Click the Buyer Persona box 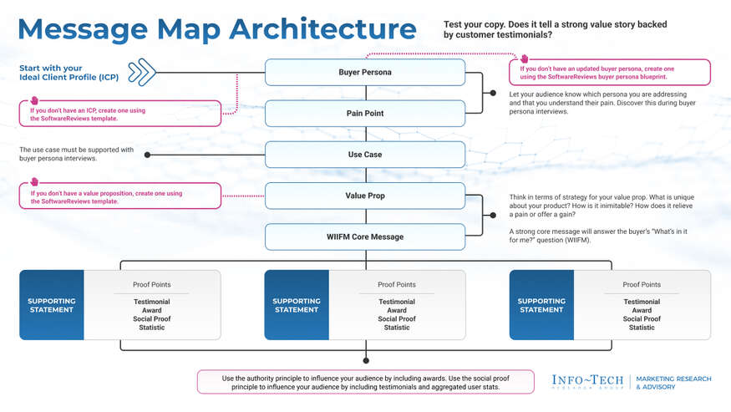[x=365, y=73]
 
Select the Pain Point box [x=365, y=114]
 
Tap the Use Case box [x=365, y=155]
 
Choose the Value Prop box [x=365, y=196]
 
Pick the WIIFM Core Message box [x=365, y=237]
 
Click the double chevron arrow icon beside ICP [x=142, y=73]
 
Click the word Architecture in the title [x=322, y=29]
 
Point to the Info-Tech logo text [x=587, y=381]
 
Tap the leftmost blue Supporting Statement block [x=52, y=305]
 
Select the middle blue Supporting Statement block [x=297, y=305]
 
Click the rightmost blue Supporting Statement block [x=541, y=305]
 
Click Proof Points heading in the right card [x=642, y=285]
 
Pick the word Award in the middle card [x=397, y=310]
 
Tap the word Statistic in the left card [x=151, y=328]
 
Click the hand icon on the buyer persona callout [x=525, y=58]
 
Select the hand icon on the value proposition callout [x=34, y=182]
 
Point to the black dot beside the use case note [x=148, y=155]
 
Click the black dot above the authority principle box [x=366, y=360]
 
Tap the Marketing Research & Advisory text [x=673, y=383]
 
